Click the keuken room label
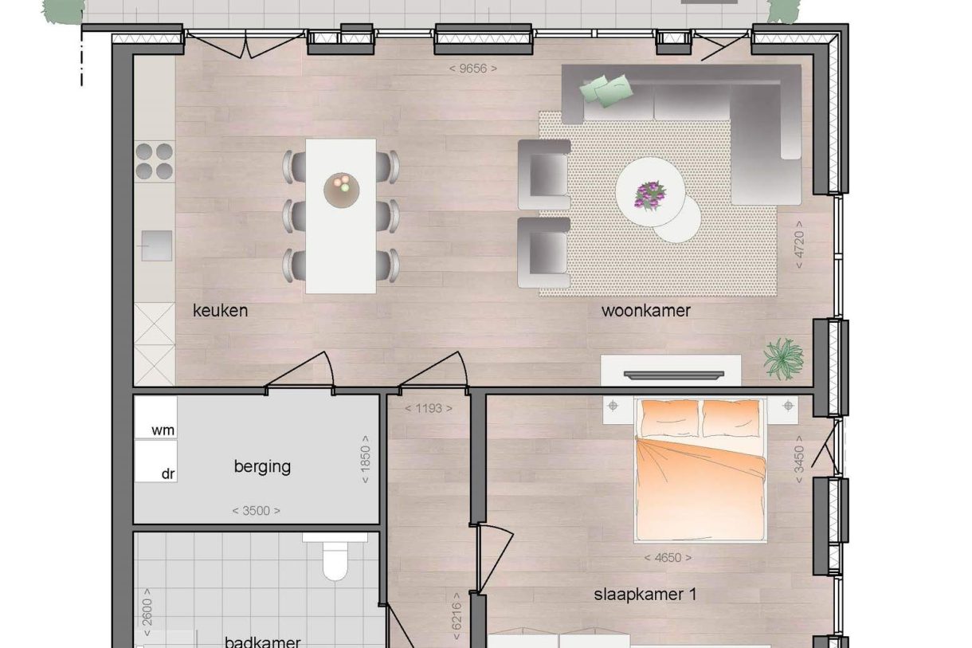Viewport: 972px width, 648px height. [x=220, y=311]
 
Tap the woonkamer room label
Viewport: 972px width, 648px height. [x=645, y=311]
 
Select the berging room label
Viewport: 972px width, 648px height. [x=262, y=466]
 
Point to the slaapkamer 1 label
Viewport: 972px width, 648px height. [x=646, y=595]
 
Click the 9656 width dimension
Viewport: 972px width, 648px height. [x=473, y=69]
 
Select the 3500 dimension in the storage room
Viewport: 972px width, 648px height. [x=256, y=511]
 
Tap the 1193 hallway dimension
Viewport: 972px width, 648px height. [x=428, y=409]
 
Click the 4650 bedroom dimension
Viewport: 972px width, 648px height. [x=668, y=558]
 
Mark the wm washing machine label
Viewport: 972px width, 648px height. [x=163, y=430]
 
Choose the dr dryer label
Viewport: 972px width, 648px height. [x=168, y=473]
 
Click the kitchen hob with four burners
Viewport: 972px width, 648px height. [x=154, y=160]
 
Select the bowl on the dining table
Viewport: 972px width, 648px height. [x=341, y=189]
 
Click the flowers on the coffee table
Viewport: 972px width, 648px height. [x=650, y=194]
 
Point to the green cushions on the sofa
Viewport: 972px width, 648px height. [x=606, y=89]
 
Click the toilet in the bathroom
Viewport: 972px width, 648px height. [x=335, y=560]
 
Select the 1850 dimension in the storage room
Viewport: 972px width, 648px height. [x=366, y=459]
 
